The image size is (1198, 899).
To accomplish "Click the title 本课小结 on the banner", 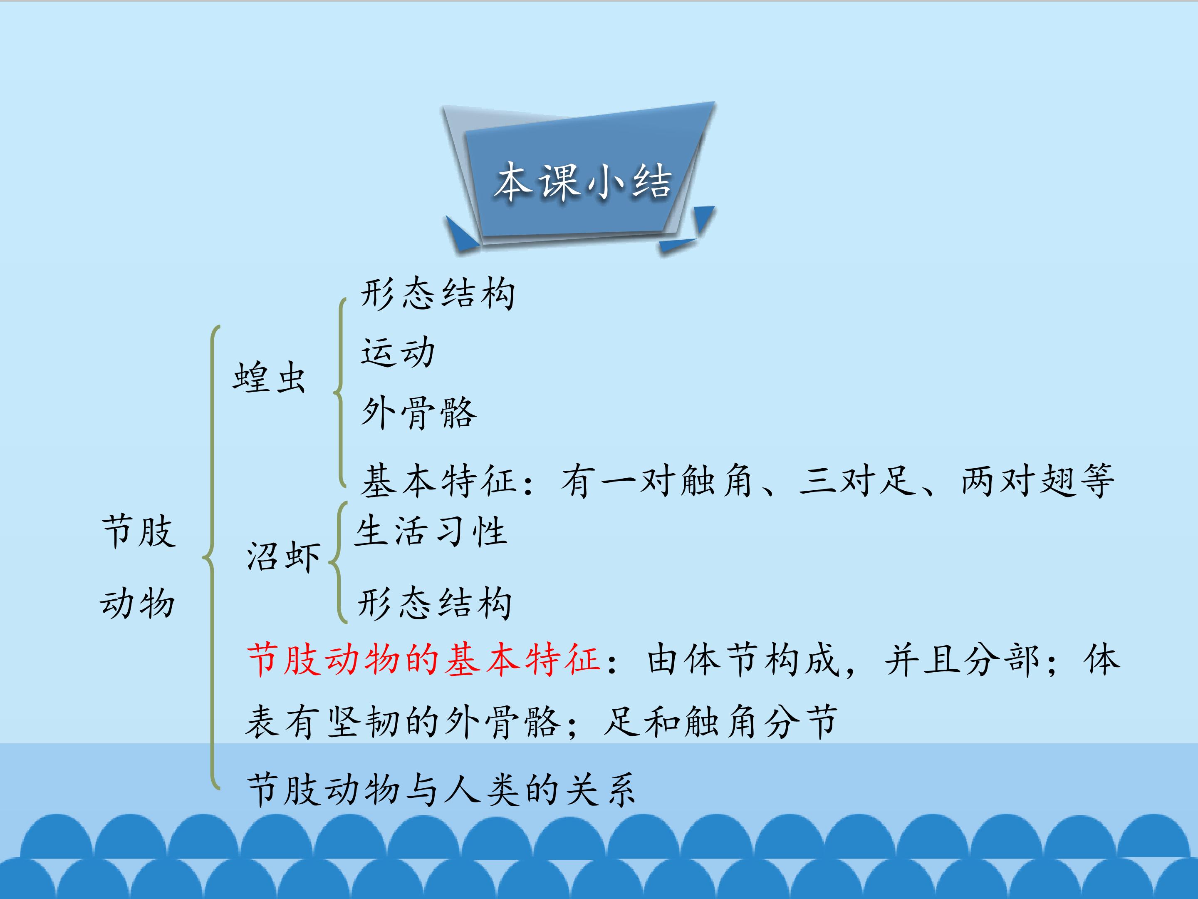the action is [x=583, y=181].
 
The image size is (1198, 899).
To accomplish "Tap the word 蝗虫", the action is [x=269, y=377].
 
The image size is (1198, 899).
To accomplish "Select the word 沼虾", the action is [x=283, y=556].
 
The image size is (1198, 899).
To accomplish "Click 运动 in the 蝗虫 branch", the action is [x=398, y=352].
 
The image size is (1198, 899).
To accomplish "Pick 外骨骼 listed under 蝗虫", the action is [x=418, y=413].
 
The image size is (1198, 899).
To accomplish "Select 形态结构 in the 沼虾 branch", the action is [x=434, y=603].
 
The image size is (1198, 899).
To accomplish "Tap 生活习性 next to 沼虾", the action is [x=431, y=531].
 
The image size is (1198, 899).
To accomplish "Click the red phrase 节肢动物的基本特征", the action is [x=423, y=660].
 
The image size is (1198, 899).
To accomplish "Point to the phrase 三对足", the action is [x=857, y=480].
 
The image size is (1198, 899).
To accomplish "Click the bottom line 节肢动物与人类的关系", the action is [x=441, y=789].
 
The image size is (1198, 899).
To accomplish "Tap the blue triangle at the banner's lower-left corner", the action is [x=462, y=232].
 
